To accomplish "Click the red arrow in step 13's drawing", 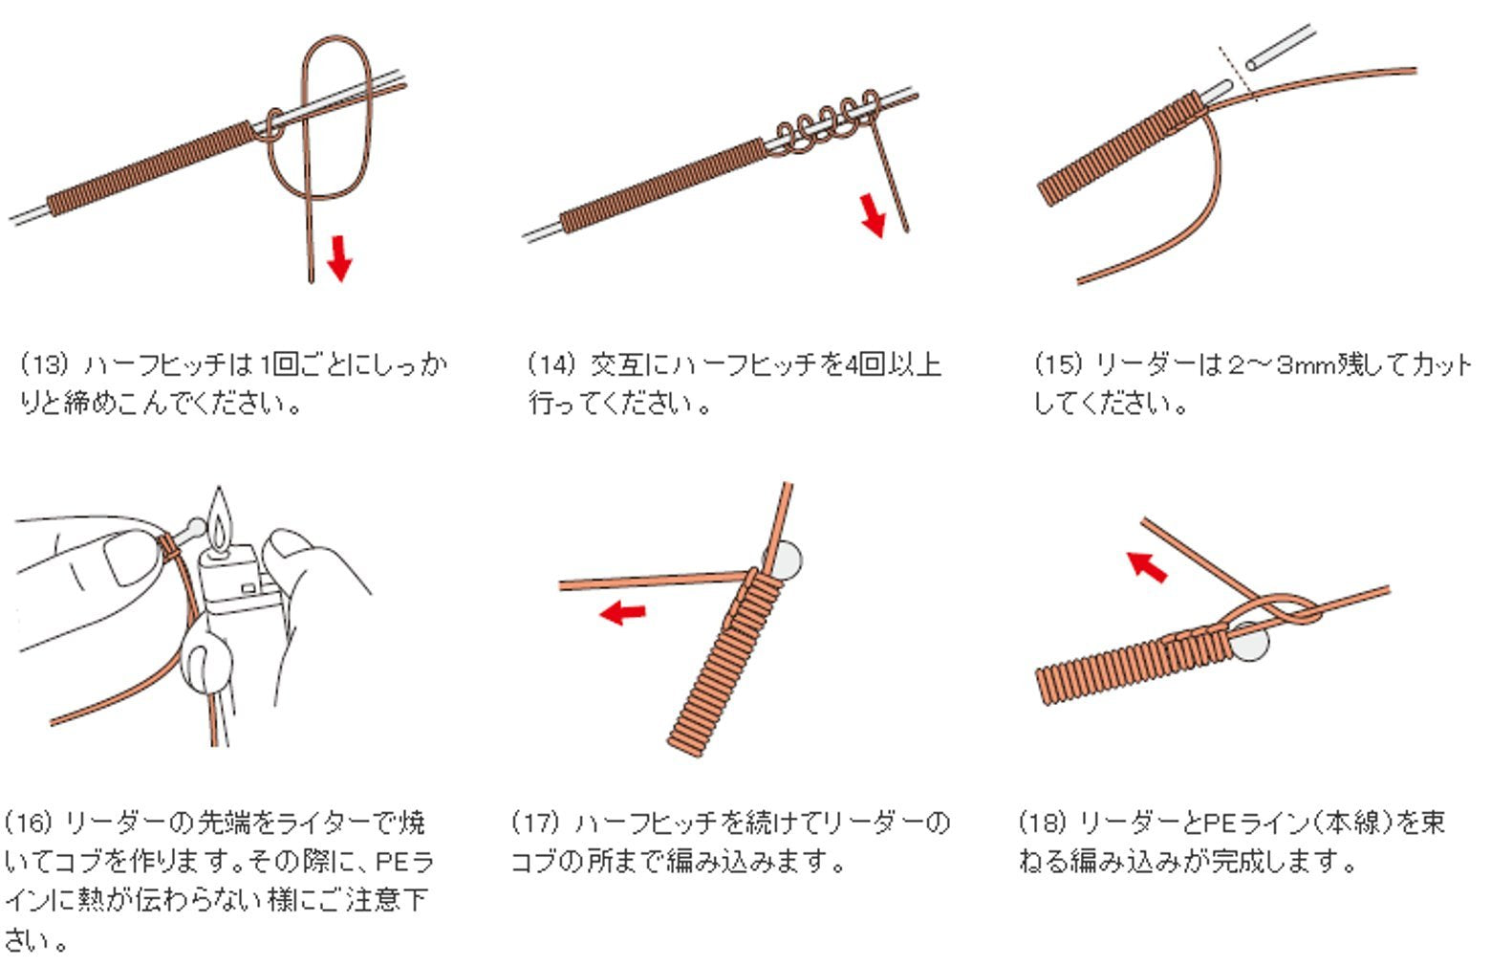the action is click(x=339, y=258).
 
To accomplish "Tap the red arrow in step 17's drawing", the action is click(x=622, y=612).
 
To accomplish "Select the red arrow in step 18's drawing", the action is click(x=1146, y=567).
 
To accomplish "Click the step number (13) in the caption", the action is click(x=44, y=364).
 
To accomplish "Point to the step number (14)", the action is click(x=551, y=364).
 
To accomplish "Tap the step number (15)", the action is click(x=1058, y=364).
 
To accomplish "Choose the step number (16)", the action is click(x=29, y=823).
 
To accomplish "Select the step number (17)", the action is click(x=536, y=823).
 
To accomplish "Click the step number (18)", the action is click(x=1044, y=823).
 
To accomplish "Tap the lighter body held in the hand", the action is click(x=236, y=580).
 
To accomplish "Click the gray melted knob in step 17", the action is click(x=787, y=560).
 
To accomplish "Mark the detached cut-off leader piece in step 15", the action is click(x=1280, y=47).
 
